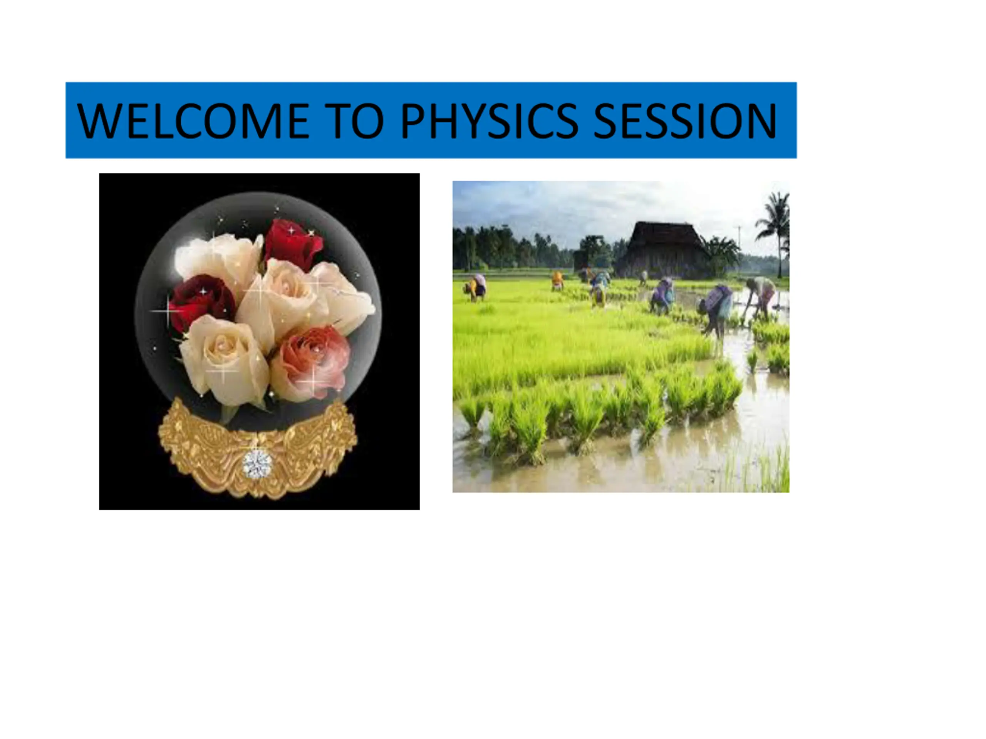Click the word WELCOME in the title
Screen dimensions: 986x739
point(193,121)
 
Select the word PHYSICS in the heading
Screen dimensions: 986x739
point(489,121)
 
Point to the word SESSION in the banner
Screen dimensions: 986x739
point(686,121)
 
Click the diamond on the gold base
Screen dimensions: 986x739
point(257,465)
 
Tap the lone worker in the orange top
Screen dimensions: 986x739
point(558,281)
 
